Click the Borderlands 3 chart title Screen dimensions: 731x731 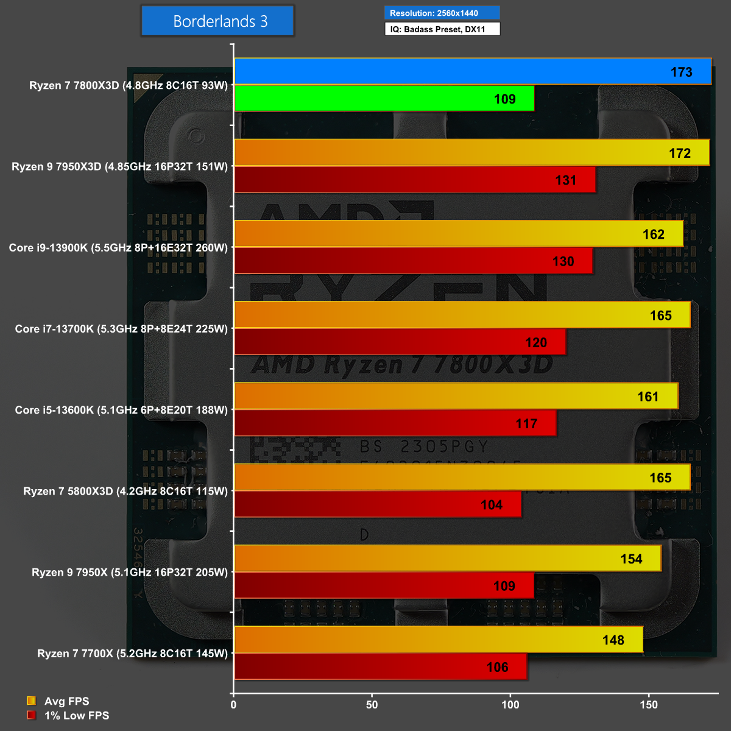[x=217, y=21]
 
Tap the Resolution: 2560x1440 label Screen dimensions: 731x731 [x=442, y=13]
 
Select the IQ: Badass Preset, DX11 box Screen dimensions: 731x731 [x=442, y=29]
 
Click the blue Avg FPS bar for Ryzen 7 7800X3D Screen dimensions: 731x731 [x=473, y=71]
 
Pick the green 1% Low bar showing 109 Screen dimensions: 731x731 [x=384, y=99]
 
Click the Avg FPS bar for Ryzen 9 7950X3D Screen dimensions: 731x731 [x=471, y=153]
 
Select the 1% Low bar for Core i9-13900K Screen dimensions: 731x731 [x=413, y=261]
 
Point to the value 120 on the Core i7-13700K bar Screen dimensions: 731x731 [x=536, y=342]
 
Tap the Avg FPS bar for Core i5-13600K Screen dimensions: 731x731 [x=456, y=397]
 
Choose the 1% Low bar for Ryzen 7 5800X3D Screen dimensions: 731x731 [x=378, y=504]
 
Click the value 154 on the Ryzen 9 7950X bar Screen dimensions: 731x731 [x=631, y=559]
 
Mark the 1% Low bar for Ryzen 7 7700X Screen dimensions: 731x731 [x=380, y=666]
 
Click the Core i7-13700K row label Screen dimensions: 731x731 [x=121, y=329]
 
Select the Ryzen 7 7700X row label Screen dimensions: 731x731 [x=132, y=654]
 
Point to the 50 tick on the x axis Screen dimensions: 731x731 [x=372, y=705]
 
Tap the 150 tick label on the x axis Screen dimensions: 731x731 [x=649, y=705]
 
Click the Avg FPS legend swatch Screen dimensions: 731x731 [x=31, y=701]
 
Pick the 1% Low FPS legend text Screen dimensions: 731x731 [x=77, y=716]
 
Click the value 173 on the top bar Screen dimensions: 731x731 [x=681, y=72]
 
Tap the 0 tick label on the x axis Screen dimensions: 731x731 [x=233, y=705]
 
